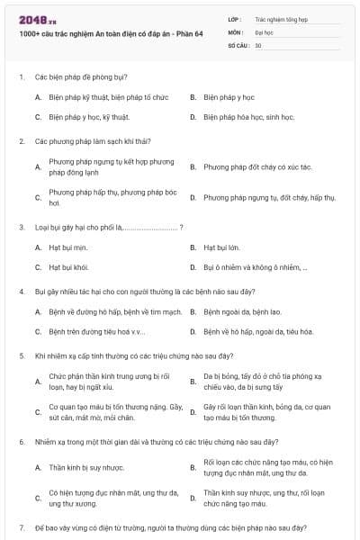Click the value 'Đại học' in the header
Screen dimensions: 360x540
point(265,31)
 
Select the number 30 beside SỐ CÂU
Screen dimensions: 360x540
point(258,44)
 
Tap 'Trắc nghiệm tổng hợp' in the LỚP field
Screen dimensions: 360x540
point(280,17)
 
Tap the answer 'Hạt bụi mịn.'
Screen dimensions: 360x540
point(67,247)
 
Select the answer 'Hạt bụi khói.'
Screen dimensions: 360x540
point(68,267)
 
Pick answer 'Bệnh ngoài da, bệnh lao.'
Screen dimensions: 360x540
point(242,311)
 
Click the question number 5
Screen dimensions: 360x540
point(21,355)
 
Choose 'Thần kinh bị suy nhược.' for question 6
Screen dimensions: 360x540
point(85,467)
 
